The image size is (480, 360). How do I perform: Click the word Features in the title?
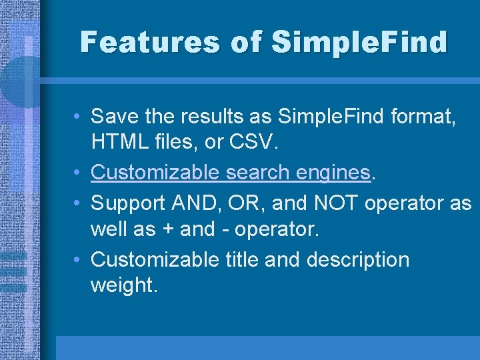coord(147,43)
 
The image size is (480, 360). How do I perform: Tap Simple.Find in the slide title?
coord(361,43)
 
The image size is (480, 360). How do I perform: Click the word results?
coord(211,117)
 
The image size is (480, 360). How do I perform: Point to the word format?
coord(423,117)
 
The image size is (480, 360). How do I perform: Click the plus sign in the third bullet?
coord(168,229)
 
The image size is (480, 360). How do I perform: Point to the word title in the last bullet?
coord(240,259)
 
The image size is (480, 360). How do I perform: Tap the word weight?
coord(123,285)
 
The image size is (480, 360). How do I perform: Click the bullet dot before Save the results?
coord(79,117)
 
